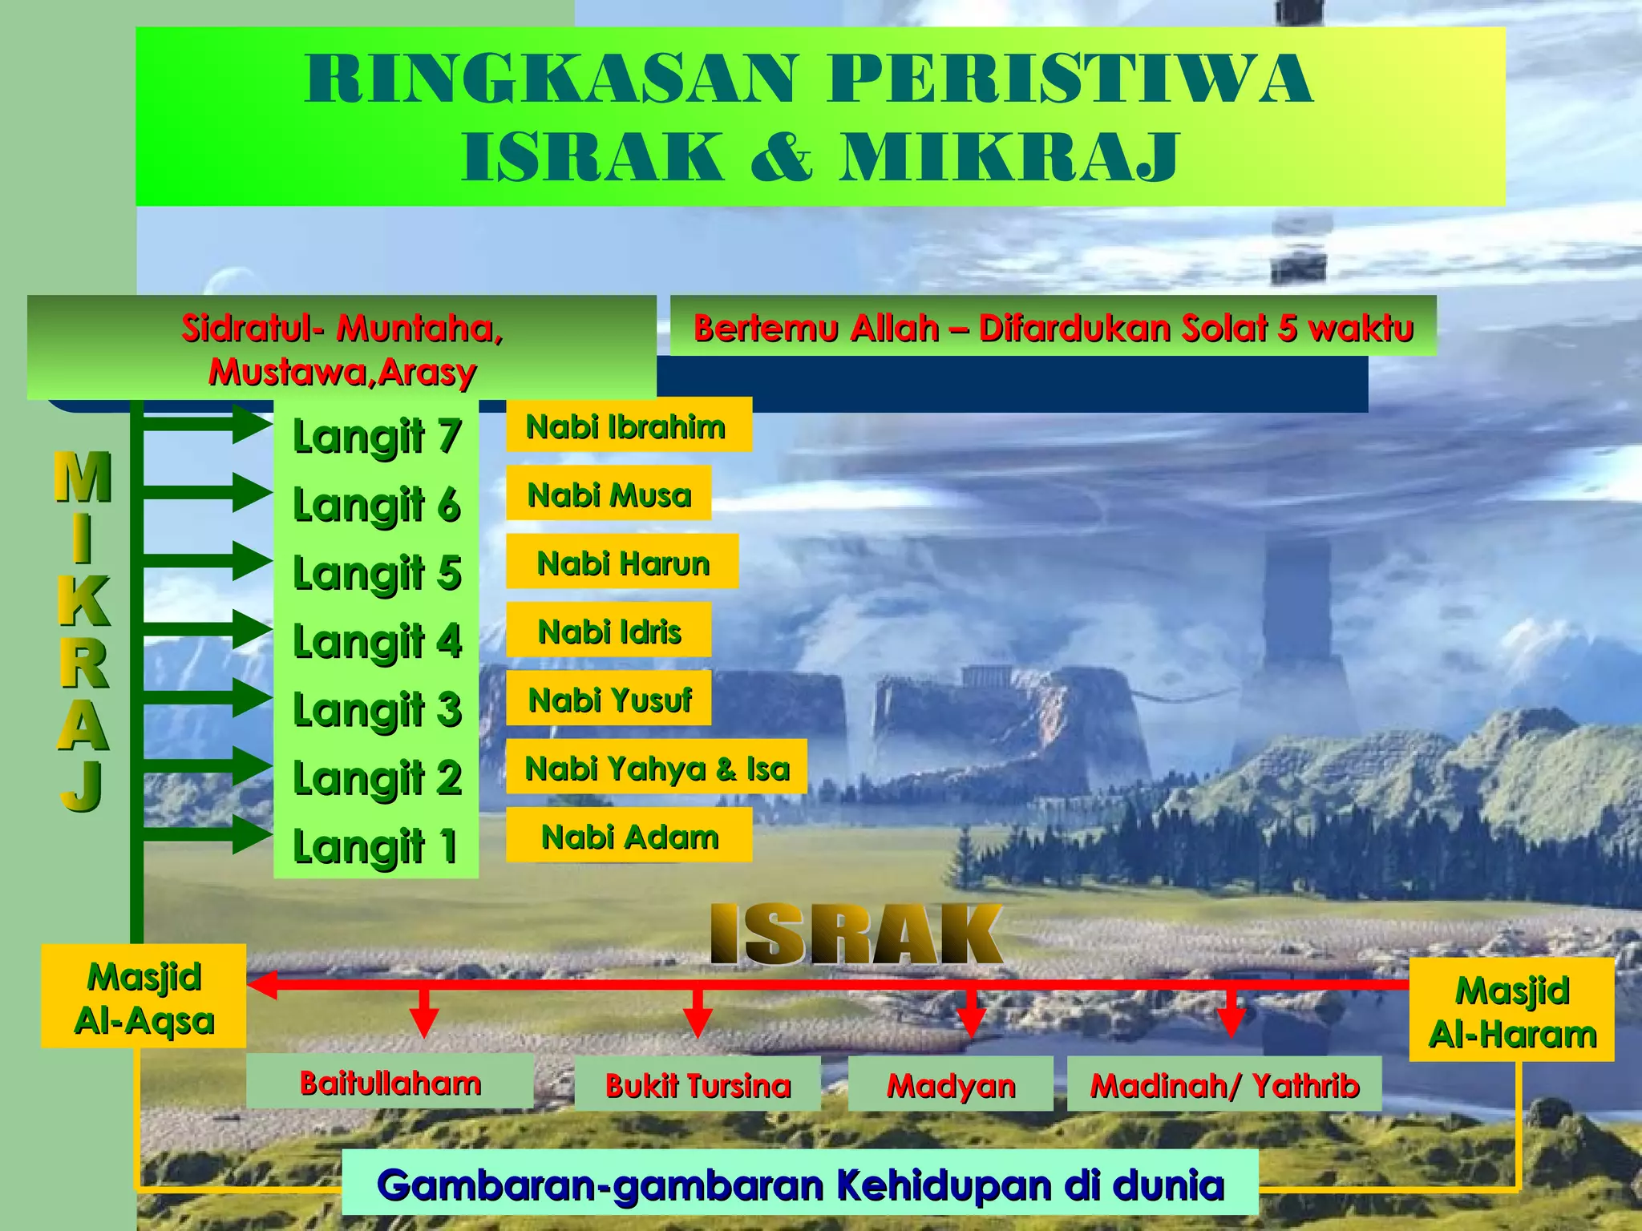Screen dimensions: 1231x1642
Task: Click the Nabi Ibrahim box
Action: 628,426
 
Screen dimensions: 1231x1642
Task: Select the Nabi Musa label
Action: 609,494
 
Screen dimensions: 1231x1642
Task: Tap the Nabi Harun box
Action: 622,562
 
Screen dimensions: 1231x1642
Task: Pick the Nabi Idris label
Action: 609,631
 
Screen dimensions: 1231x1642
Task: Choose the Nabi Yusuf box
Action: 609,699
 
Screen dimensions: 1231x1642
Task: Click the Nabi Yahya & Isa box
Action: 656,767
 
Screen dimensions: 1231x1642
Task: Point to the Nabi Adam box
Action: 629,835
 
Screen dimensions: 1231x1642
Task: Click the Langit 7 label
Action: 376,436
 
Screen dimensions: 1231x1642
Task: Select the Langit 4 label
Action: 376,641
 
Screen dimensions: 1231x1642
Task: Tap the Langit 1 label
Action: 376,846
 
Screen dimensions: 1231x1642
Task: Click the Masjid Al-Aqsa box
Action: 144,996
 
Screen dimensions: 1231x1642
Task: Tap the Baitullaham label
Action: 390,1082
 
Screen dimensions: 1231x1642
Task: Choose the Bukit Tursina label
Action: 698,1084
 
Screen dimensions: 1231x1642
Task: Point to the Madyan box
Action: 950,1084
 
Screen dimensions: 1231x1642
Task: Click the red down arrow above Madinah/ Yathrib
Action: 1231,1015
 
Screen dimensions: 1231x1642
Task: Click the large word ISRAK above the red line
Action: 856,934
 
